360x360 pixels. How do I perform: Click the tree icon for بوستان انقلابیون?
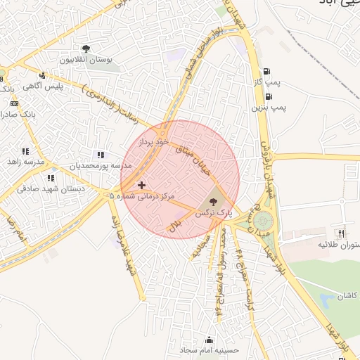pyautogui.click(x=86, y=49)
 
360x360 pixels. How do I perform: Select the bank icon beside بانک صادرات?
pyautogui.click(x=14, y=103)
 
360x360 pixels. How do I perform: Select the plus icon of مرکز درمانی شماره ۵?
pyautogui.click(x=142, y=185)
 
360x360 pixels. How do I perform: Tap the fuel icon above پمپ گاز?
pyautogui.click(x=266, y=71)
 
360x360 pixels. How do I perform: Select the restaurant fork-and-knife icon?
pyautogui.click(x=342, y=233)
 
